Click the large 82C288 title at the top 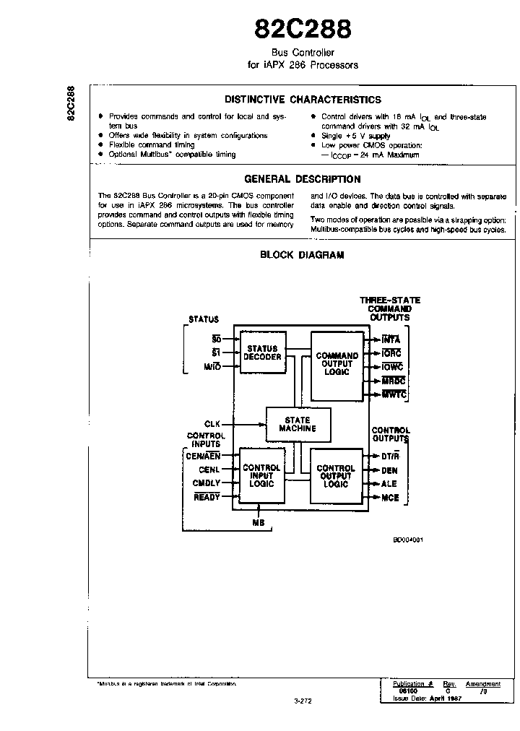303,28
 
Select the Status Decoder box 261,353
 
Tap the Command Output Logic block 337,364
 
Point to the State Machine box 298,424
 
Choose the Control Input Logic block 261,476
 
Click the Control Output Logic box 336,477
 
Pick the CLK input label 212,424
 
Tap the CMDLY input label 207,483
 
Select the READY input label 207,497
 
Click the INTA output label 390,339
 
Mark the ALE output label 389,484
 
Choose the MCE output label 389,498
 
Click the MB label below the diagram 258,522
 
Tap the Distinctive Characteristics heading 303,100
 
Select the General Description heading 303,179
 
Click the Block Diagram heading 302,254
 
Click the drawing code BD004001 407,540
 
